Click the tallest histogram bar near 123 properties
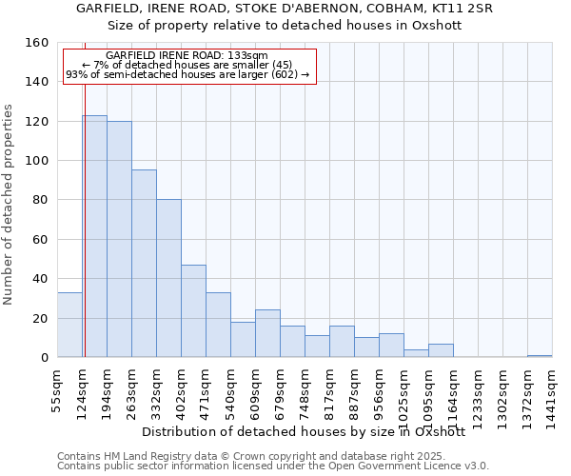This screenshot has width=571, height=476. (94, 236)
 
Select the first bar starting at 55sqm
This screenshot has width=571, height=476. (69, 325)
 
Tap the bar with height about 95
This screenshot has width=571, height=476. (144, 264)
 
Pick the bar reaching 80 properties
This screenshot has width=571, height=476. (168, 278)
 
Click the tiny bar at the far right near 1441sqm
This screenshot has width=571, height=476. (540, 356)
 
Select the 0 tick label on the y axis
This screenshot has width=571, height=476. (44, 358)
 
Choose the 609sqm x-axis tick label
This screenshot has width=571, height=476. (256, 387)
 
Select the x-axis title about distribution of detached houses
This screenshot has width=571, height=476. (303, 431)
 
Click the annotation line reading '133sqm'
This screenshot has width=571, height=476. (187, 55)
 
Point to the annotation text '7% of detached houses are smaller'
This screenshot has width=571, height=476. (187, 65)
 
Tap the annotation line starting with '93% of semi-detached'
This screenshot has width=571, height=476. (187, 74)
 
